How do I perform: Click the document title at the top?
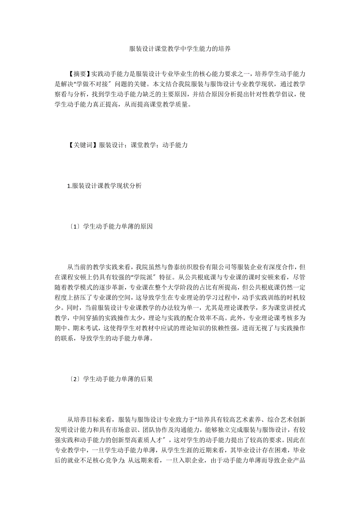coord(180,50)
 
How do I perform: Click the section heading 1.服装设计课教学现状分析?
coord(104,186)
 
